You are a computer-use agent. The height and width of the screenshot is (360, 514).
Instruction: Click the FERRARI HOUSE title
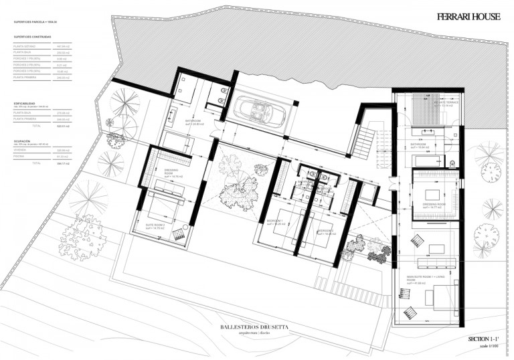click(x=468, y=17)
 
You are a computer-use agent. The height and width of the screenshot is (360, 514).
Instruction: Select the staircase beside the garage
click(x=365, y=141)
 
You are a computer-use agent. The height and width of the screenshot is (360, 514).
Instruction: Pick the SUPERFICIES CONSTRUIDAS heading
click(x=32, y=37)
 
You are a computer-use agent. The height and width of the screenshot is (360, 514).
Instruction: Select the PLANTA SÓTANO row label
click(x=25, y=46)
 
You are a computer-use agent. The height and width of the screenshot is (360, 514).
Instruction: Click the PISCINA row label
click(x=21, y=157)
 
